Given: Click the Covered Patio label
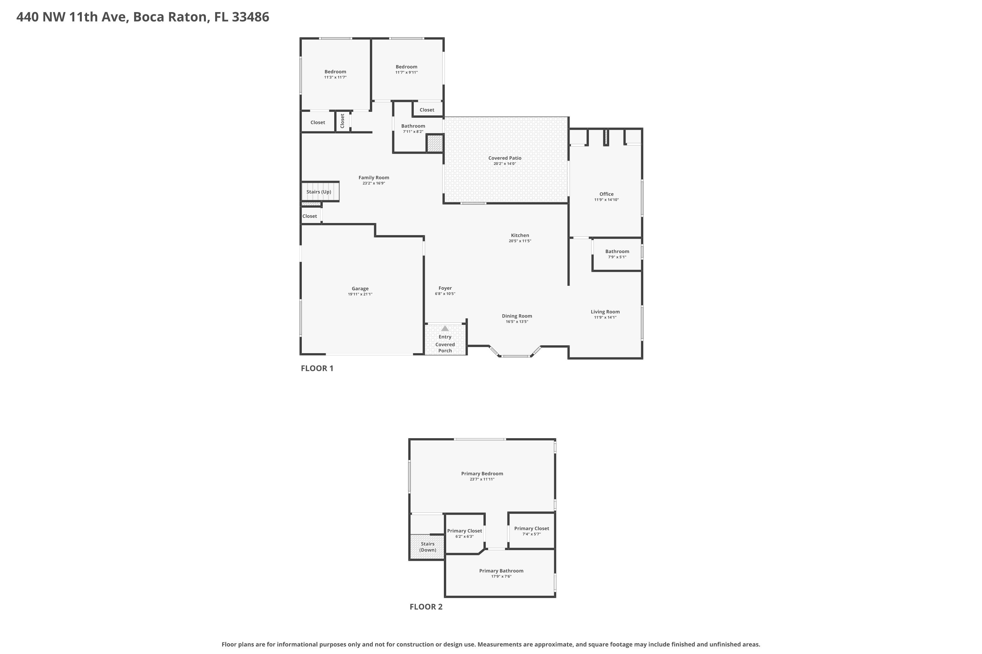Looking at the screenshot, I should [x=504, y=158].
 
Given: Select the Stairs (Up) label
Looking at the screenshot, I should [x=318, y=192].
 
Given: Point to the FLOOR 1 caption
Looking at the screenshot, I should [x=317, y=368].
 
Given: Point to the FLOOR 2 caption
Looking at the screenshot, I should [x=426, y=607].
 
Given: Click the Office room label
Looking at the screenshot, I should [x=606, y=194].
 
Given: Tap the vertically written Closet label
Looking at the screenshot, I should [x=342, y=121].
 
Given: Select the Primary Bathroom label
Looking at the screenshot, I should [x=501, y=571].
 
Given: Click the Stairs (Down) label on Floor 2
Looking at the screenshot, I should [x=427, y=547].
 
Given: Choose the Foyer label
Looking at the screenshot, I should [x=445, y=288].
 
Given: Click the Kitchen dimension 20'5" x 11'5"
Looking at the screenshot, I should [x=520, y=241].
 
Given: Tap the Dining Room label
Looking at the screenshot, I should [x=517, y=316].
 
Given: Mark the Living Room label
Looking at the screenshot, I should [x=605, y=312].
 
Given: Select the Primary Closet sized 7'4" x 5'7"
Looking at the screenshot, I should [x=532, y=529].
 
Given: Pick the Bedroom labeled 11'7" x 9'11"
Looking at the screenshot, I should [x=406, y=67].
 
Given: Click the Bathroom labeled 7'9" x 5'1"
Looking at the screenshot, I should [x=617, y=251].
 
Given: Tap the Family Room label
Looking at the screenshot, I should [x=374, y=178].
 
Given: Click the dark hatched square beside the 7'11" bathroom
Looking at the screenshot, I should [x=435, y=144].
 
